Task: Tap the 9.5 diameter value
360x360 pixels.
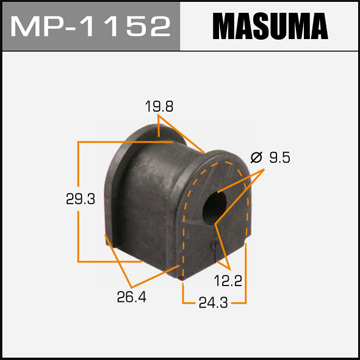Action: click(x=279, y=157)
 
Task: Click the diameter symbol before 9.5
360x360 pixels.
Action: click(x=255, y=157)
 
